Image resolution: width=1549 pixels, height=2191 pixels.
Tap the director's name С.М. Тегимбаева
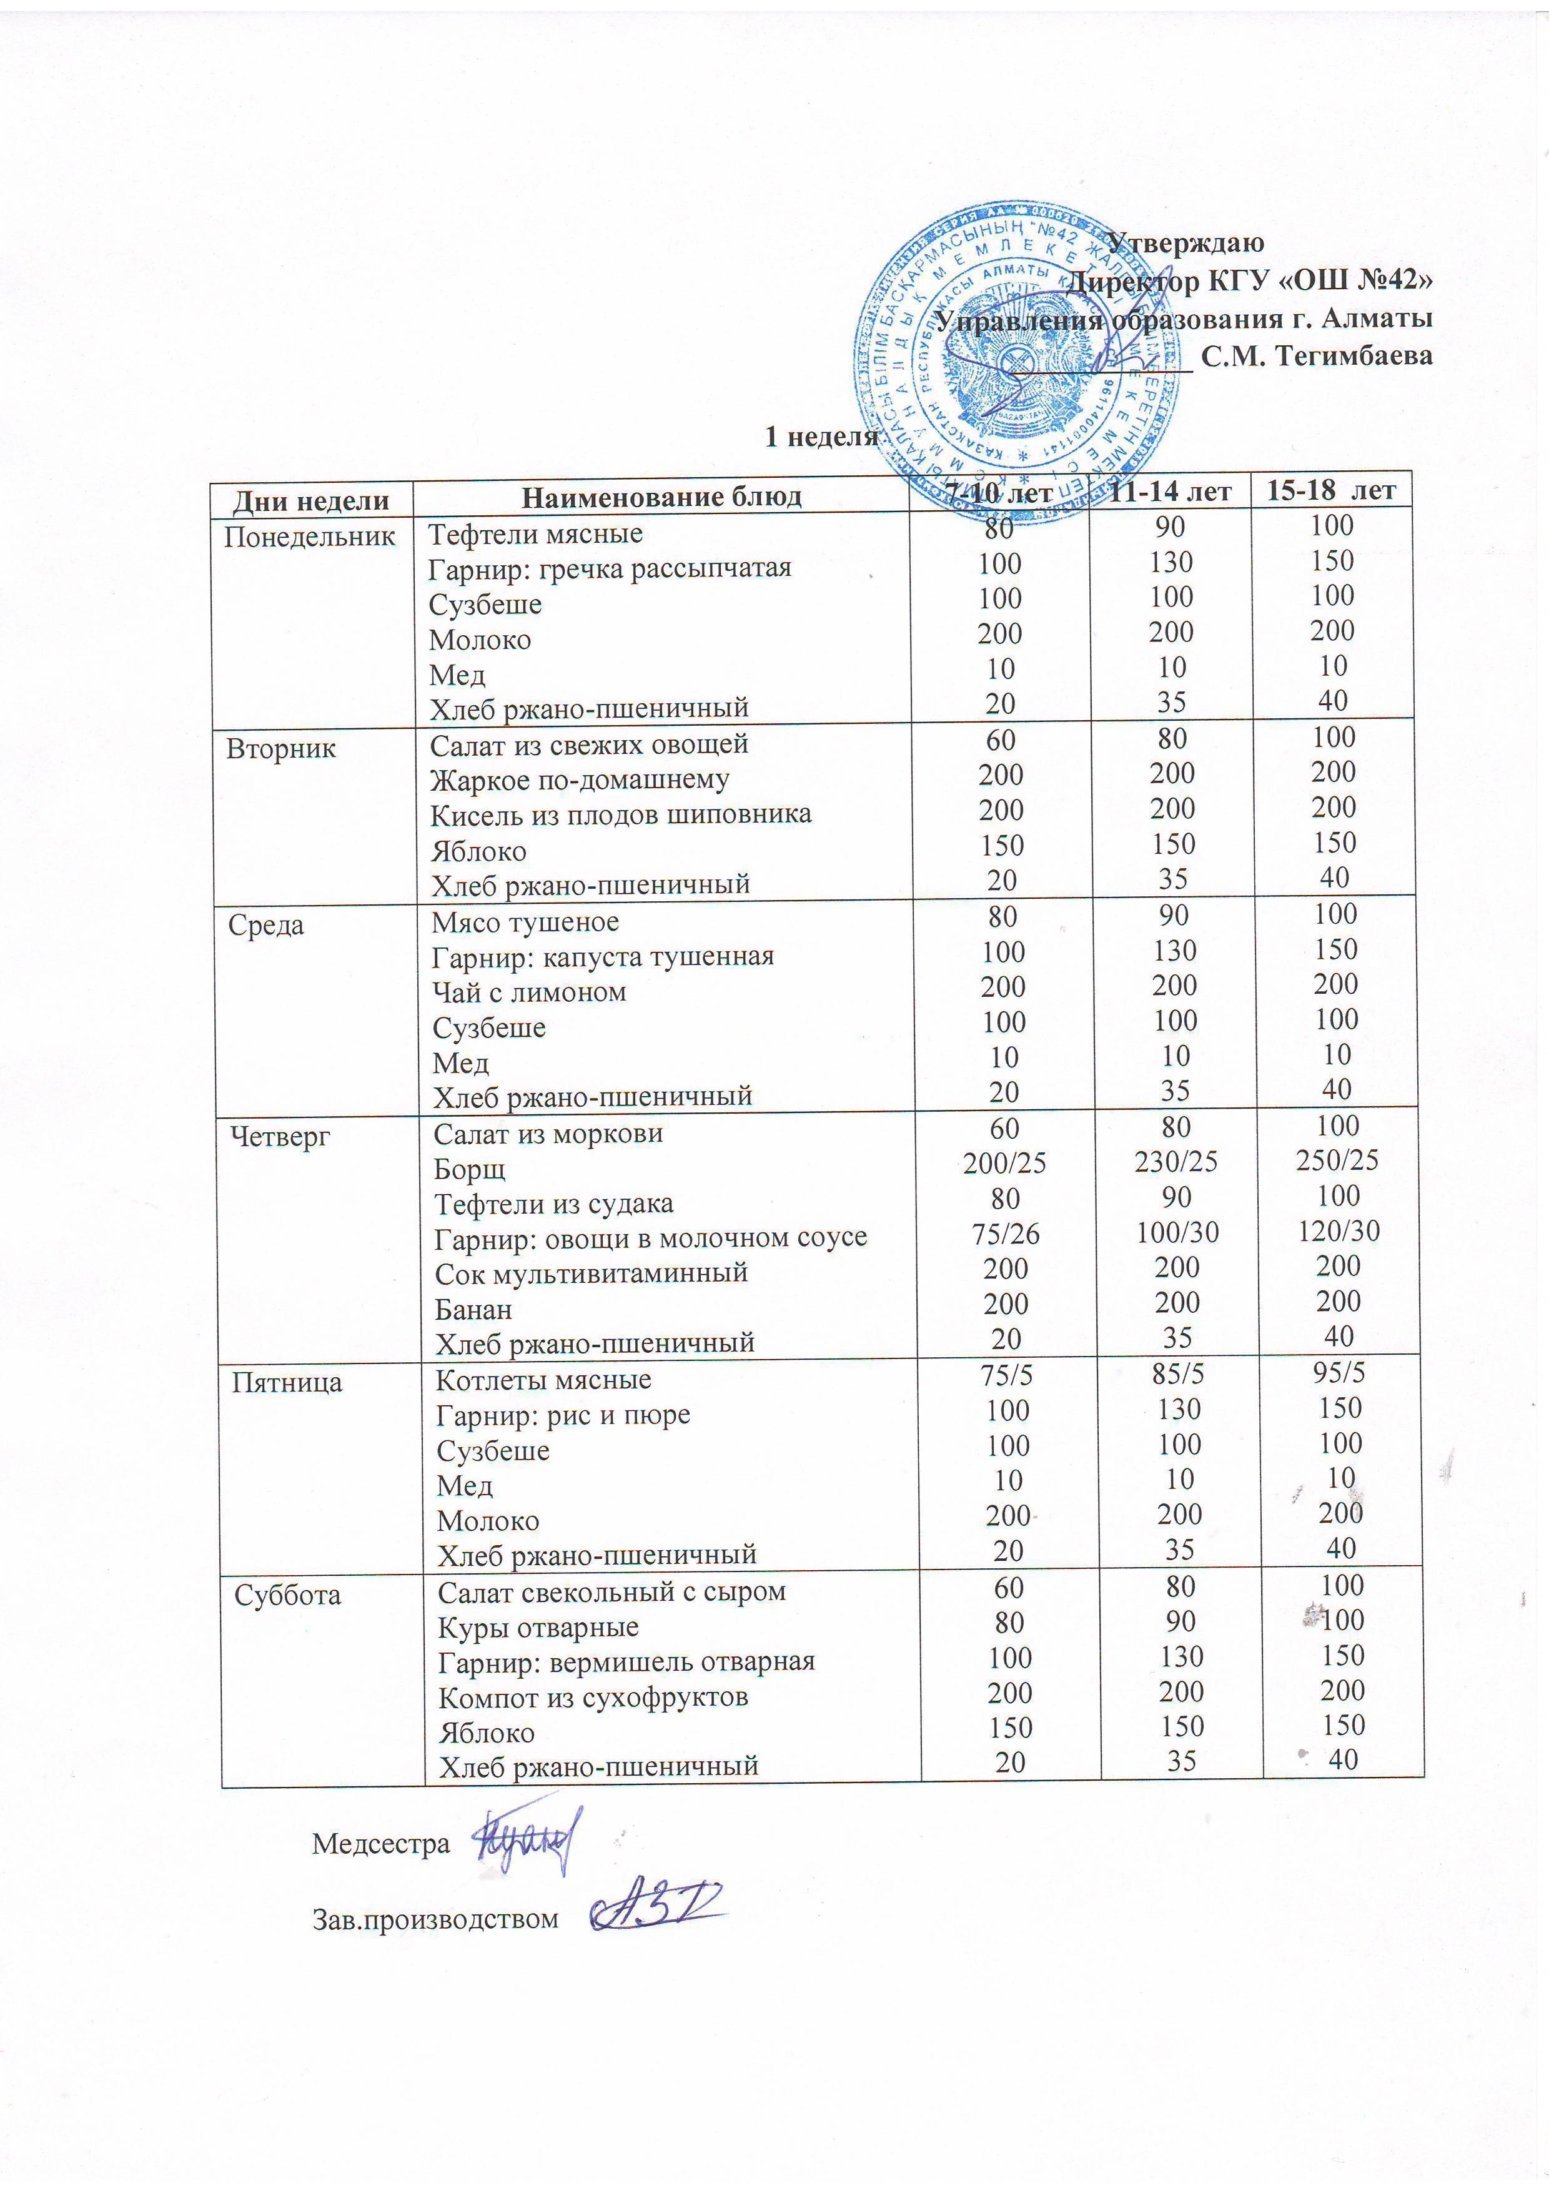(1316, 356)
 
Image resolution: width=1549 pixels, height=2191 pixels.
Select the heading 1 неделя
(821, 437)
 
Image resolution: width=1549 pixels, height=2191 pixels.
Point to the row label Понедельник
(309, 537)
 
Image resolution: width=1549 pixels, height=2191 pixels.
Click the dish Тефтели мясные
(535, 533)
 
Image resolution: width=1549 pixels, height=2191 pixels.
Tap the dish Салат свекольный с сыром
(611, 1591)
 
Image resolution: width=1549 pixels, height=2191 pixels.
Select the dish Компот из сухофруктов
(593, 1698)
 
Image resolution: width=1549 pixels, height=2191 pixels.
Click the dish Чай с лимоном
(529, 992)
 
